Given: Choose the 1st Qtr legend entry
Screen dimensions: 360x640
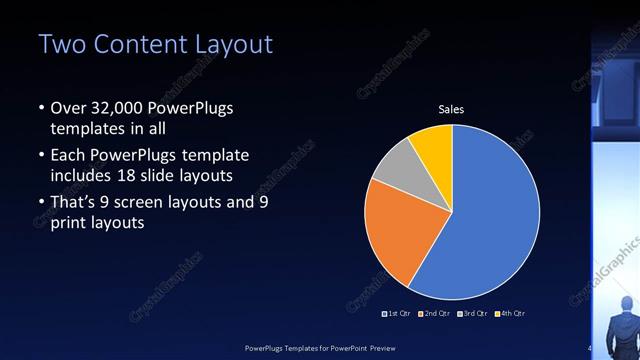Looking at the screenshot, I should click(398, 314).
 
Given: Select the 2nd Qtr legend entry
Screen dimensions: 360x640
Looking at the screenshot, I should click(434, 314).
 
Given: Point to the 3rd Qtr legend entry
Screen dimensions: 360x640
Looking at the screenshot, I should click(471, 314).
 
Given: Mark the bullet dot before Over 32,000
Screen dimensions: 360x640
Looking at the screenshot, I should click(40, 109).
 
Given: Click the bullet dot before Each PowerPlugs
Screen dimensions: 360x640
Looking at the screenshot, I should click(40, 156).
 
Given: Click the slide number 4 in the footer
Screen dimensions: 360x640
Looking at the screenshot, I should click(589, 347).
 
